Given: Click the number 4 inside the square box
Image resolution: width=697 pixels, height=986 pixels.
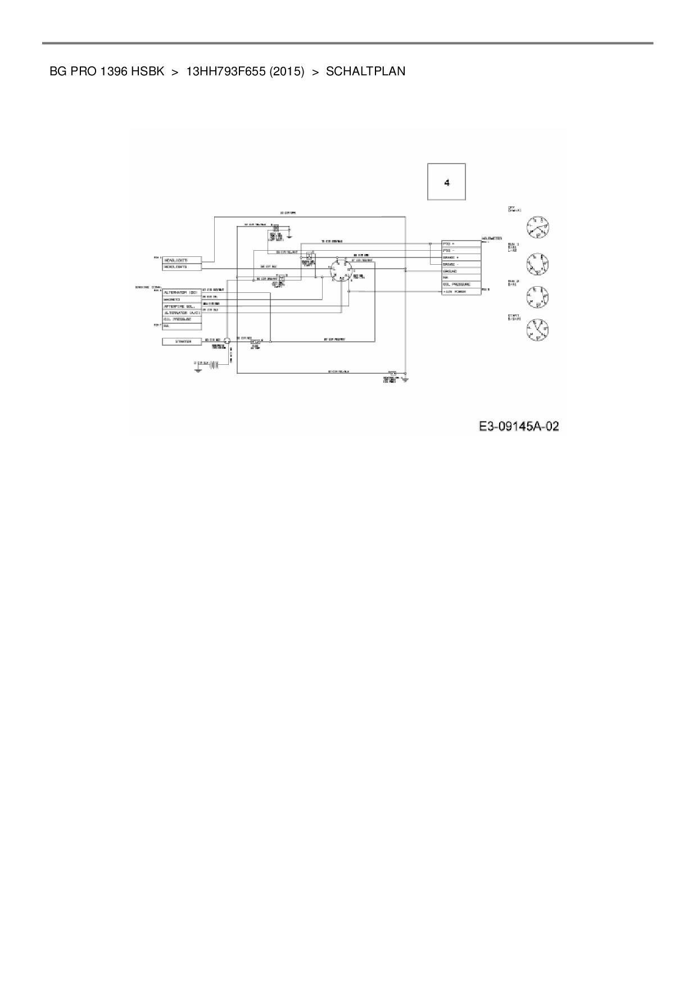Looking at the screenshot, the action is [447, 183].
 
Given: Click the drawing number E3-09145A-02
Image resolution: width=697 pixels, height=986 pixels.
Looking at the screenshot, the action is [519, 426].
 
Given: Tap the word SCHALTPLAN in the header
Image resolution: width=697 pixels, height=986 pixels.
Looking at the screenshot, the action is [365, 71].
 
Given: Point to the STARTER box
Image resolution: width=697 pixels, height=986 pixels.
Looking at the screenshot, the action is [182, 341].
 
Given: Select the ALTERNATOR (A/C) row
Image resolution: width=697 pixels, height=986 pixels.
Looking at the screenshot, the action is [181, 313].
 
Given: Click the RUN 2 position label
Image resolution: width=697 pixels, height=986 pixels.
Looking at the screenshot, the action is [513, 282].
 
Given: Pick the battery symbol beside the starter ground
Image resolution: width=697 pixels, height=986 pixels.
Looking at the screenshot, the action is [213, 364].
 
